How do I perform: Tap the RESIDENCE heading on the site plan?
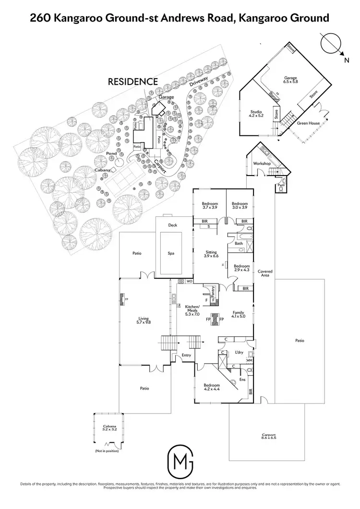click(x=132, y=82)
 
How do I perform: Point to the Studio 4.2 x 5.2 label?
click(x=256, y=114)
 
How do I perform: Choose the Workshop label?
click(x=262, y=164)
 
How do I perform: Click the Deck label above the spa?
click(x=173, y=225)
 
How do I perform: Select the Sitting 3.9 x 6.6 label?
click(x=211, y=254)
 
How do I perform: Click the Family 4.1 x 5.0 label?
click(x=239, y=314)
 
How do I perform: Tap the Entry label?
click(x=186, y=355)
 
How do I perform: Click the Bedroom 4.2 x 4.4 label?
click(x=211, y=388)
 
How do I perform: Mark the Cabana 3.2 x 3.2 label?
click(x=110, y=428)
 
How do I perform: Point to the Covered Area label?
click(x=265, y=273)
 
